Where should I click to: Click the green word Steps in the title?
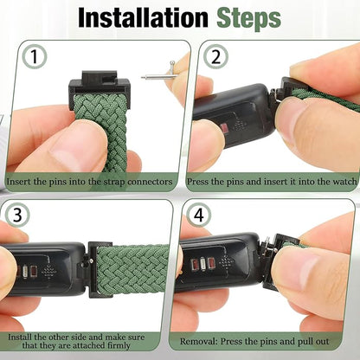[x=247, y=18]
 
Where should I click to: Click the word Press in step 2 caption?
[x=198, y=183]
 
